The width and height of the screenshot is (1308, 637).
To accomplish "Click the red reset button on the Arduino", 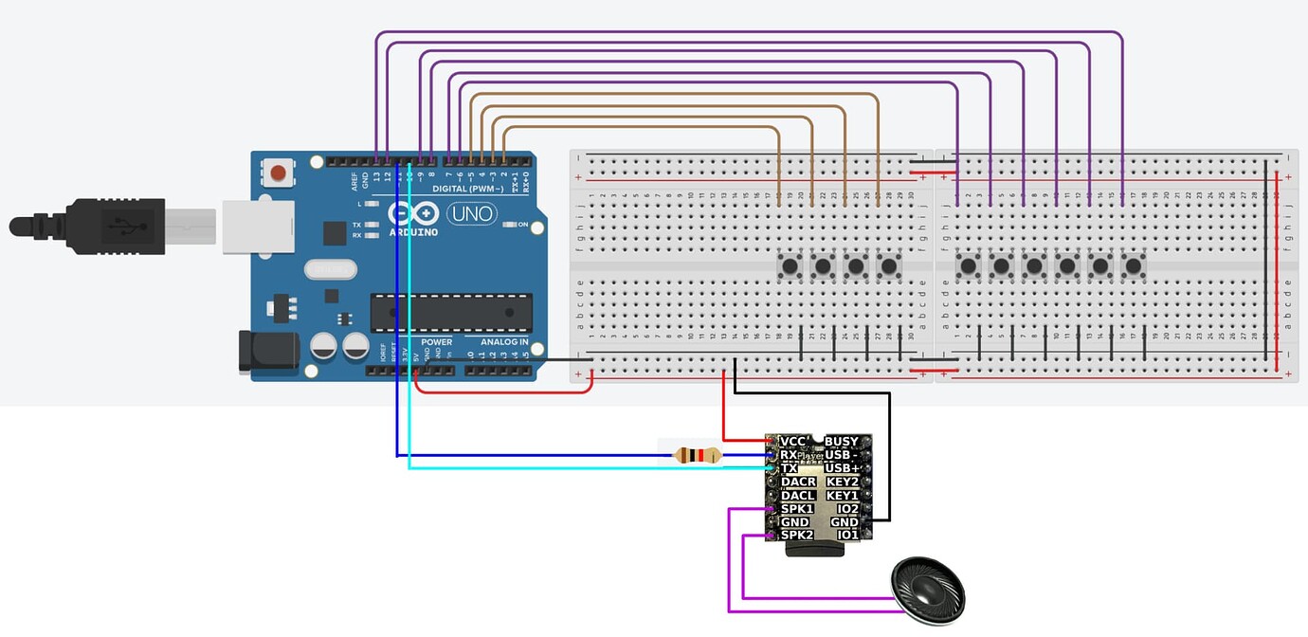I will [278, 173].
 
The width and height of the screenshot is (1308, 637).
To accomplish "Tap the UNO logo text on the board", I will [472, 213].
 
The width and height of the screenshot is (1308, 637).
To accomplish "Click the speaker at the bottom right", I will [928, 591].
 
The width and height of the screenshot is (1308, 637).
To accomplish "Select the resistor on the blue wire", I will [697, 456].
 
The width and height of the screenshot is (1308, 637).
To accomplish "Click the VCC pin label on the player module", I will [792, 442].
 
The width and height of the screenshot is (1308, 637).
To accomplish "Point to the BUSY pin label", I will [842, 442].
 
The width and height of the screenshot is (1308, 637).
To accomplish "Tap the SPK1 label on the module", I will [797, 509].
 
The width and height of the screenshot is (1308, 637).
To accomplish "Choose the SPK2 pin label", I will [797, 536].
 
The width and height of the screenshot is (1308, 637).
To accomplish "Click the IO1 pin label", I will [847, 536].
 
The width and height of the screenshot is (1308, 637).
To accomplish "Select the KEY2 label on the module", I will [842, 482].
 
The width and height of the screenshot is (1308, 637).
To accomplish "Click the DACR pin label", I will [798, 482].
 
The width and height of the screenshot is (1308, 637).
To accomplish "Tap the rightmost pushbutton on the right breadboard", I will [1133, 265].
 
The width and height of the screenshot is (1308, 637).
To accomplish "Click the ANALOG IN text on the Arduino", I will [504, 342].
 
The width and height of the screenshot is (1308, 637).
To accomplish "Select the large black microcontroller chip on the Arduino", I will [451, 313].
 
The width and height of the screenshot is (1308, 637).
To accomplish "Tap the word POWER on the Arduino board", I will [436, 342].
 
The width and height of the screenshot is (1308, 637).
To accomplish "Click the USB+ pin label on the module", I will [842, 468].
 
